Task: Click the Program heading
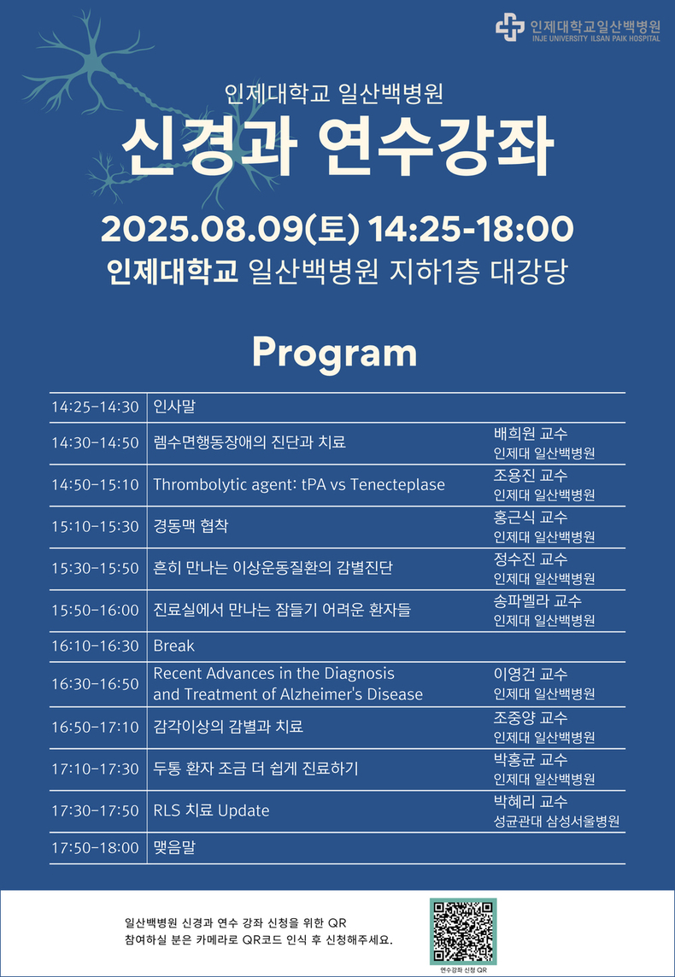point(334,354)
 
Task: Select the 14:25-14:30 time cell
point(96,407)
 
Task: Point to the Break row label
point(174,646)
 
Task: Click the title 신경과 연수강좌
point(337,149)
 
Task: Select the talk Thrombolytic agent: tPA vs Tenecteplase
point(299,484)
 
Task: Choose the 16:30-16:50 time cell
point(96,683)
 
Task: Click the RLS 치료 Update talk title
point(211,810)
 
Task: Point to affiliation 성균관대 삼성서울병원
point(556,822)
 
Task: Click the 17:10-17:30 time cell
point(96,769)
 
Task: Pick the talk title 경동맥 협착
point(191,526)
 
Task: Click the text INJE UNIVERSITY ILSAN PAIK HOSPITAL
point(596,38)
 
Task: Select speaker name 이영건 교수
point(531,674)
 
